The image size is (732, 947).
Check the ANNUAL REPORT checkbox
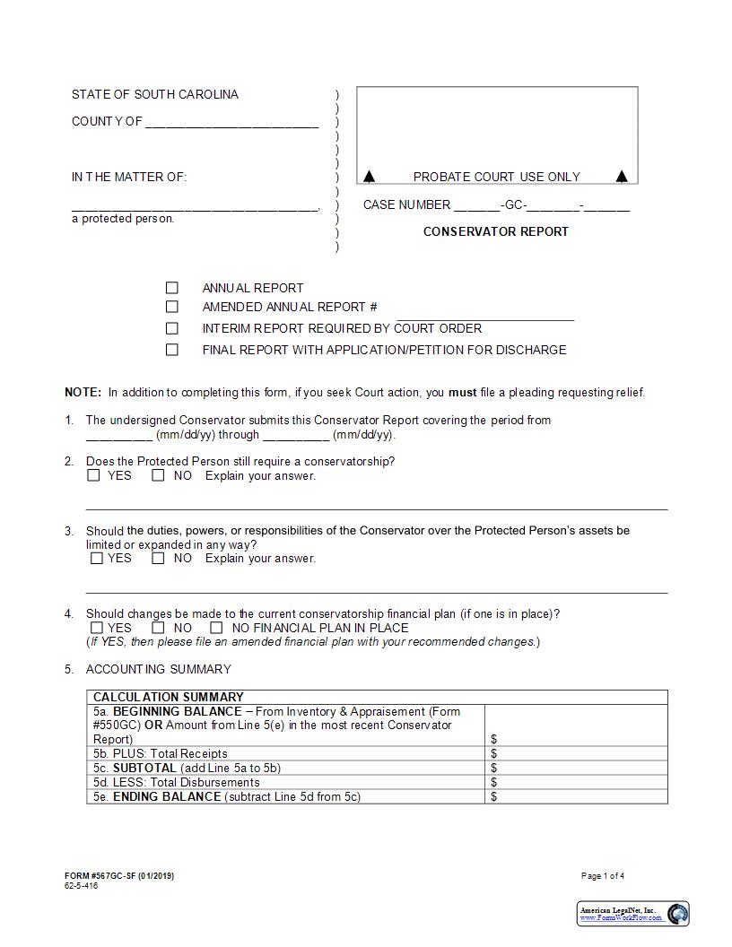tap(172, 288)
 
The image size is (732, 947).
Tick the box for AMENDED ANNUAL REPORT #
tap(172, 307)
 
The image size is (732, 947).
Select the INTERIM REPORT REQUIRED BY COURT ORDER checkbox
tap(172, 328)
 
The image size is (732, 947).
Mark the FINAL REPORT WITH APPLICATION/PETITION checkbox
tap(172, 350)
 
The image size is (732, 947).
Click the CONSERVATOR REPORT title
tap(495, 231)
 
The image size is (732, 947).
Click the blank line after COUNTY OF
tap(231, 123)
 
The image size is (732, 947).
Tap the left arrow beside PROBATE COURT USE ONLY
tap(370, 177)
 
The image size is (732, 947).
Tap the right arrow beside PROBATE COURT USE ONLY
tap(622, 177)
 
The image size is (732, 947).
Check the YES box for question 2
tap(93, 476)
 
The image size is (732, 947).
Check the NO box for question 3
tap(159, 558)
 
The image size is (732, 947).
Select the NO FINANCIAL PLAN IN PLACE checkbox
tap(216, 628)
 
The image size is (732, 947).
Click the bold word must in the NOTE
tap(462, 392)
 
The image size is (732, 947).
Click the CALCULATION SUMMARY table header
tap(169, 697)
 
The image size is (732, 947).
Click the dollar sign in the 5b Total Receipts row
tap(494, 753)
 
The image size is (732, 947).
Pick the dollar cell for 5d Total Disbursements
tap(576, 782)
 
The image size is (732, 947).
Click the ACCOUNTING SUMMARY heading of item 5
tap(158, 669)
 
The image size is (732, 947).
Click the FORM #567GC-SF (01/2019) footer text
tap(119, 875)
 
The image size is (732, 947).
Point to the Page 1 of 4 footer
tap(603, 875)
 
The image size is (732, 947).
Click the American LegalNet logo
tap(633, 914)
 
